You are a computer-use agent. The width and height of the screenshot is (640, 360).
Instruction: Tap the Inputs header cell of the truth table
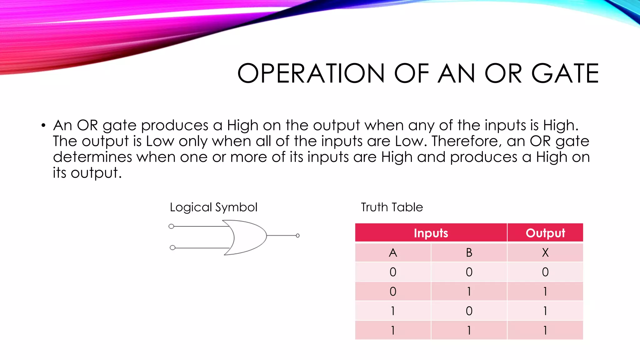tap(431, 233)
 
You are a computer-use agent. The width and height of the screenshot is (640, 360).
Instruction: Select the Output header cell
tap(545, 233)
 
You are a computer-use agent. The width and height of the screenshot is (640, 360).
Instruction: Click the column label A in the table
tap(393, 252)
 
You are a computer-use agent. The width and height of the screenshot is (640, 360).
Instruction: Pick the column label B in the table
tap(469, 252)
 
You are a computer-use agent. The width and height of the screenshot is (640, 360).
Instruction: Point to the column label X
tap(545, 252)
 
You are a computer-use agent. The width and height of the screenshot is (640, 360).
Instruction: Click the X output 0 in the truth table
tap(545, 272)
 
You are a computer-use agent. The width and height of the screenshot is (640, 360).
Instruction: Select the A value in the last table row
tap(393, 330)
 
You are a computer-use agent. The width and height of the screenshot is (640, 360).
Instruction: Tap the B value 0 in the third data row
tap(469, 311)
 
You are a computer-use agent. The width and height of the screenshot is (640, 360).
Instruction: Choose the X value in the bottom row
tap(545, 330)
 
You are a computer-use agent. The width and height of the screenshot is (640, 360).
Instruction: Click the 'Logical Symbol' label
tap(213, 207)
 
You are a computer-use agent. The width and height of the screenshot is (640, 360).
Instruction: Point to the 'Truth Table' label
tap(392, 207)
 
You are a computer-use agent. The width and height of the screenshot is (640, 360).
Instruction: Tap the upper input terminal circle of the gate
tap(171, 226)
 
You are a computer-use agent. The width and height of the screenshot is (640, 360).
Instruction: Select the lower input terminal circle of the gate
tap(172, 248)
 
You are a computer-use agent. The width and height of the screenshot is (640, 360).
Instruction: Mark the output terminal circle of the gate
tap(297, 236)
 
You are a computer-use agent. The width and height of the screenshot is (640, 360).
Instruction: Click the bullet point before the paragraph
tap(43, 126)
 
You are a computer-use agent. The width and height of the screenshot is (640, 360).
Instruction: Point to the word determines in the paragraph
tap(92, 157)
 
